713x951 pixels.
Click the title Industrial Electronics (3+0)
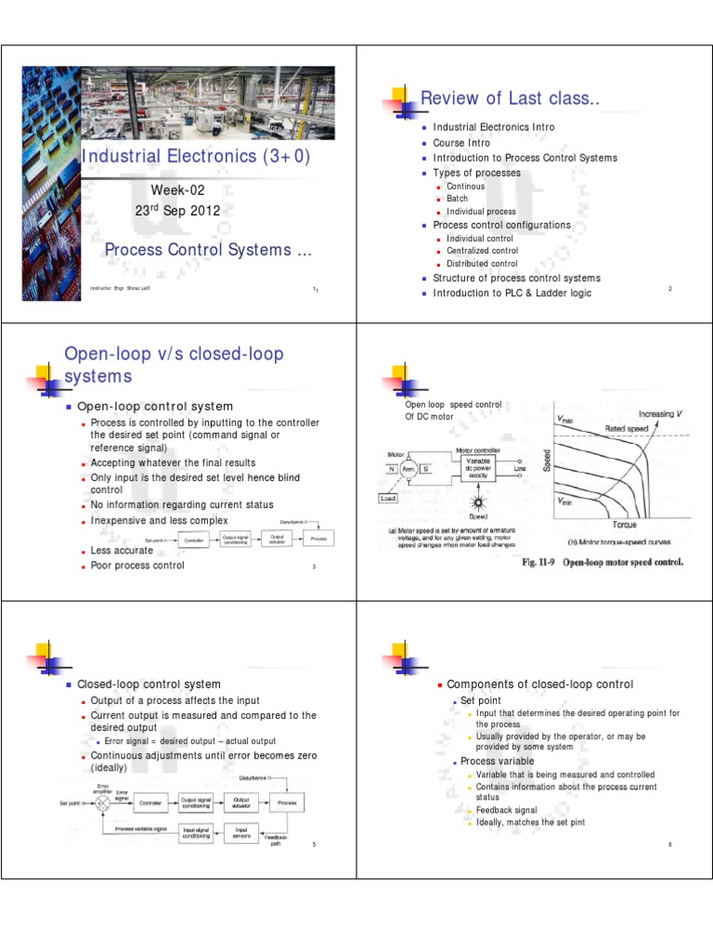click(x=195, y=156)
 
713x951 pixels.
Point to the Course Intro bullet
click(x=461, y=143)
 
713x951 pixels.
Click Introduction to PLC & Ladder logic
click(x=512, y=293)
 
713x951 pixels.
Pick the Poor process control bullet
click(x=137, y=566)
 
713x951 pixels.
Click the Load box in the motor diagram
click(x=390, y=498)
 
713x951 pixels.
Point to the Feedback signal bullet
click(x=506, y=810)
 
